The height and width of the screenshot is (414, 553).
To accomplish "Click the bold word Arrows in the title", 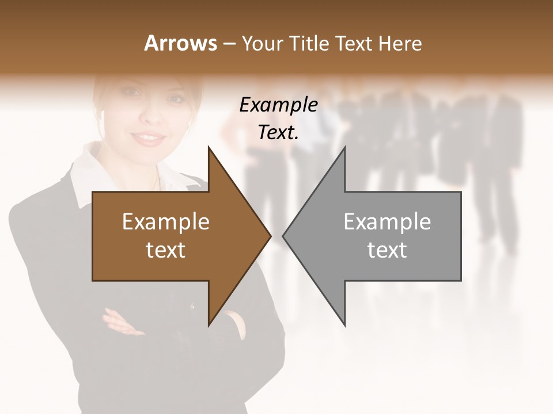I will coord(180,43).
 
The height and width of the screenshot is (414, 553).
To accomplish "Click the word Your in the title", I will coord(262,44).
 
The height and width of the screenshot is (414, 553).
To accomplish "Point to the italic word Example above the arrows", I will coord(279,105).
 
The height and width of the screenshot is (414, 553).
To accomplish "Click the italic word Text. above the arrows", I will coord(279,133).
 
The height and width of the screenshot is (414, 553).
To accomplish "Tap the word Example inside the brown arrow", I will coord(166,221).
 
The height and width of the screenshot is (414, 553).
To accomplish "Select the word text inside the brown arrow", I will coord(166,250).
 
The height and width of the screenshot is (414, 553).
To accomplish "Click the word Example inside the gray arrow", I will coord(387,221).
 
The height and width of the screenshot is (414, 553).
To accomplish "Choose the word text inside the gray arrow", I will coord(387,250).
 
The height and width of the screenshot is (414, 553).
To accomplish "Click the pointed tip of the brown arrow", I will coord(270,236).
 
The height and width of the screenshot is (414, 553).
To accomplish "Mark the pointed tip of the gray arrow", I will coord(283,236).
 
